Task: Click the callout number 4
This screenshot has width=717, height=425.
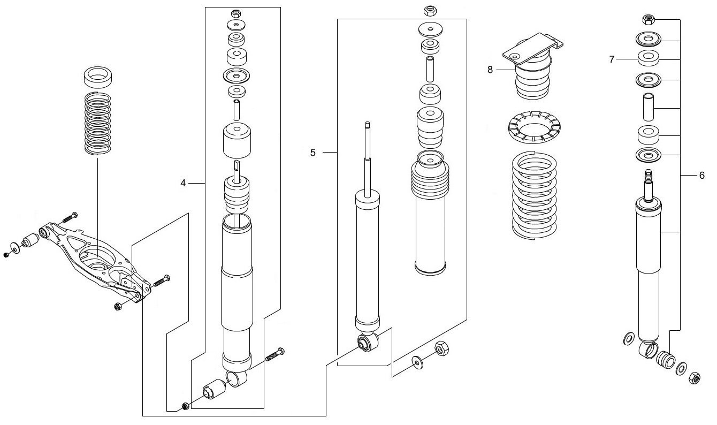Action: [x=183, y=183]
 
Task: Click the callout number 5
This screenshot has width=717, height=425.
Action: [x=313, y=153]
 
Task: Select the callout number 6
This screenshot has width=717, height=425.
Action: [x=701, y=175]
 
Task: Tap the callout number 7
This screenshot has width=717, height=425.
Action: [x=612, y=59]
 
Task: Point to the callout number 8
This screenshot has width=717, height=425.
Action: [x=490, y=70]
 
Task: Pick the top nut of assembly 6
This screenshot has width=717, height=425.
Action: [x=648, y=19]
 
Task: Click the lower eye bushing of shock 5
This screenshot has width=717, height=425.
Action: [x=367, y=342]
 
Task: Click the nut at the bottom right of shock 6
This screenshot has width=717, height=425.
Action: [x=694, y=377]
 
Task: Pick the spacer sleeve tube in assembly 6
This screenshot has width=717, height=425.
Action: [x=648, y=108]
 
